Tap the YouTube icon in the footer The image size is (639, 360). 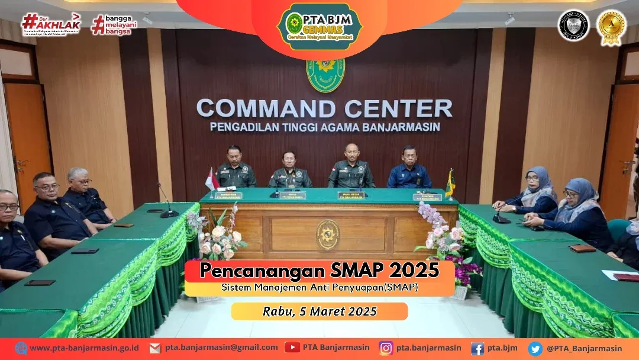click(292, 348)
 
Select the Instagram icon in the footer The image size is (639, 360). click(386, 348)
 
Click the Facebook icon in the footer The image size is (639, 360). click(477, 348)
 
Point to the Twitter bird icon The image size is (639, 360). click(535, 348)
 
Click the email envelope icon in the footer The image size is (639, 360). click(155, 348)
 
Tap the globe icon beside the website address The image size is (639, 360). click(21, 348)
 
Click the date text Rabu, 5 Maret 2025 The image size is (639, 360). click(319, 311)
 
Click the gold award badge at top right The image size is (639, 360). click(611, 27)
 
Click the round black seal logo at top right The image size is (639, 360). click(573, 26)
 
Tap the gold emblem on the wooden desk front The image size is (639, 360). click(327, 234)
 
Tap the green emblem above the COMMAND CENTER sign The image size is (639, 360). click(325, 75)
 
